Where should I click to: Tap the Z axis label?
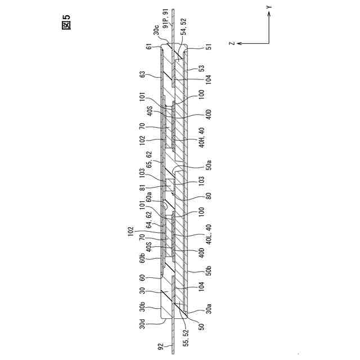pos(232,43)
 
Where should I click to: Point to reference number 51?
pos(209,48)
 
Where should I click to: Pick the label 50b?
pos(208,271)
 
